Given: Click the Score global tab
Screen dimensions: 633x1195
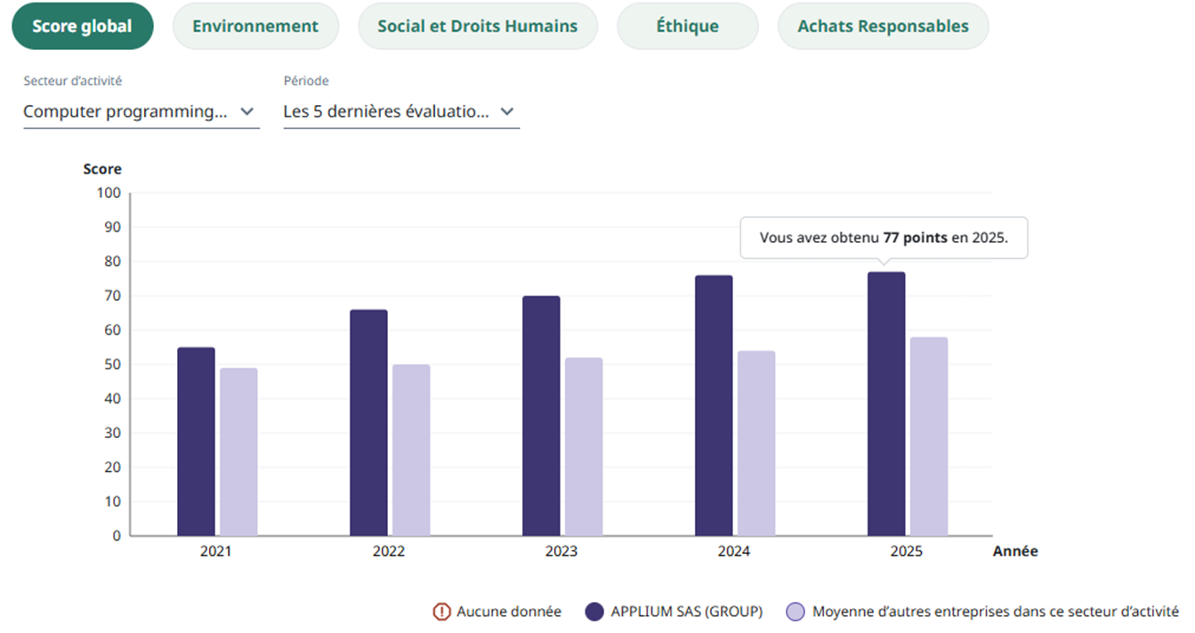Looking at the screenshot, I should [x=82, y=26].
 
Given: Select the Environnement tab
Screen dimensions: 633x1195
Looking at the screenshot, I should [x=254, y=26].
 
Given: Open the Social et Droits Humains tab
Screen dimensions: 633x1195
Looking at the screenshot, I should [x=477, y=26].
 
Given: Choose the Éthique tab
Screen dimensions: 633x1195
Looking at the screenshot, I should [x=687, y=26].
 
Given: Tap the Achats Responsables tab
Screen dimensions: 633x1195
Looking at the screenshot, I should [x=883, y=26].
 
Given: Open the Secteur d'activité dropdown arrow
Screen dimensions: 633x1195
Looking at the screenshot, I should [x=247, y=112].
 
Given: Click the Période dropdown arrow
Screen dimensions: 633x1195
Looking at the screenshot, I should [x=507, y=112].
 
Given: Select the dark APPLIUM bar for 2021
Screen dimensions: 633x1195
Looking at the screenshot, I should [x=196, y=442].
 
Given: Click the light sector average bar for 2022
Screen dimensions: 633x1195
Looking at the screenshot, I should [x=411, y=450].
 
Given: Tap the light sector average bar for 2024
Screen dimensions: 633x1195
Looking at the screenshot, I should [x=756, y=443].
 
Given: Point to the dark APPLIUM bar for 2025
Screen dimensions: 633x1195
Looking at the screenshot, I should [x=886, y=404].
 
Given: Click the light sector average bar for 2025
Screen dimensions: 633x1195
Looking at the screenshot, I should [x=929, y=436].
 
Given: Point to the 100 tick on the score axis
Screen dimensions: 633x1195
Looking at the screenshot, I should [x=108, y=193].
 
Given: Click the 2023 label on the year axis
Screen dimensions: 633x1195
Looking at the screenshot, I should [x=561, y=551].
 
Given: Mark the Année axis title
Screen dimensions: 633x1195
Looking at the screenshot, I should [x=1014, y=551].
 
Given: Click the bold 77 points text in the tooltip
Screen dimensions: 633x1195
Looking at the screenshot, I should [x=915, y=239].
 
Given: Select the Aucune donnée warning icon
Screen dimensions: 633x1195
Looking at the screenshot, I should [x=441, y=612].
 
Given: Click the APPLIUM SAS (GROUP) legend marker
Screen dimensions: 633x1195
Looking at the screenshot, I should [x=594, y=612].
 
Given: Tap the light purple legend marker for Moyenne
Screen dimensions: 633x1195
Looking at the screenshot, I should [x=796, y=612].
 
